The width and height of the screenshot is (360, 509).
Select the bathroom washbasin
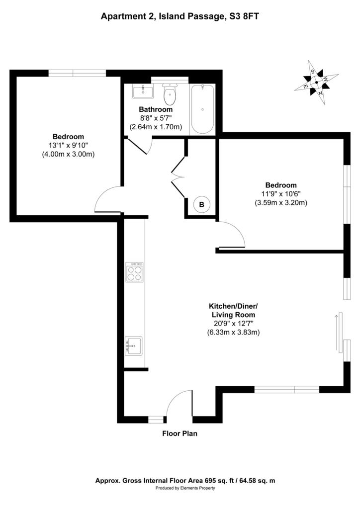[x=143, y=91]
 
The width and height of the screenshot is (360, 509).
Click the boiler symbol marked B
[x=201, y=204]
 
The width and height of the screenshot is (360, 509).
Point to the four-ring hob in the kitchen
[x=135, y=272]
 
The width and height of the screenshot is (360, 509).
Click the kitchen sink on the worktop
[x=134, y=346]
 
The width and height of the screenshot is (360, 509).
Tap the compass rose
[x=317, y=83]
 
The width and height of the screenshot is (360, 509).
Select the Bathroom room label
[x=156, y=109]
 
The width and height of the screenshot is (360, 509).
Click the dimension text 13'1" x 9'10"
[x=68, y=146]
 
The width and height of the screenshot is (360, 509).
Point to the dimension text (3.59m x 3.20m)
[x=281, y=203]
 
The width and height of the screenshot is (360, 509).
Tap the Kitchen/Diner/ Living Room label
[x=233, y=310]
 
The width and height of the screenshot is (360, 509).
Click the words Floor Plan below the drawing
[x=180, y=433]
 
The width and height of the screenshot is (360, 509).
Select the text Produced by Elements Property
[x=185, y=488]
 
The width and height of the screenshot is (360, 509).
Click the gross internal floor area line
[x=185, y=481]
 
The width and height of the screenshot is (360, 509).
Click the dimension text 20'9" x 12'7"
[x=233, y=323]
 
